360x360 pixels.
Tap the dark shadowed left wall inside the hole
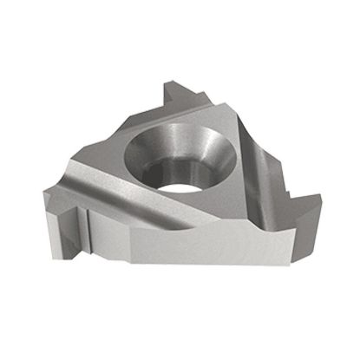(146, 156)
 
